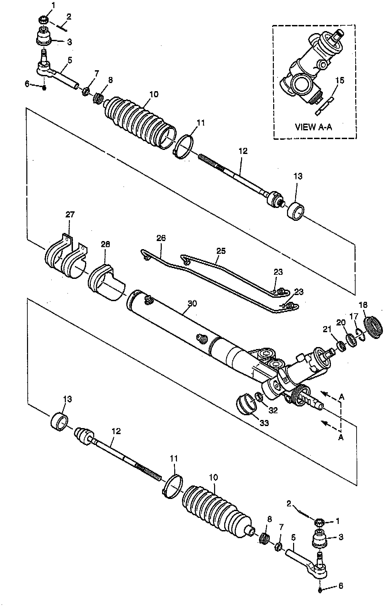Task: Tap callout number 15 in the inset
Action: [x=340, y=80]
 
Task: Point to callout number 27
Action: [x=70, y=214]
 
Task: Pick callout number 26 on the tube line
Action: [x=161, y=238]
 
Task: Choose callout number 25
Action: [x=221, y=251]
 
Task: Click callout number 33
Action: [x=264, y=422]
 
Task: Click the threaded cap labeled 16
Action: [x=373, y=327]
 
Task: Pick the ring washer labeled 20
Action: [x=351, y=339]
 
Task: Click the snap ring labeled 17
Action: [x=360, y=335]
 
